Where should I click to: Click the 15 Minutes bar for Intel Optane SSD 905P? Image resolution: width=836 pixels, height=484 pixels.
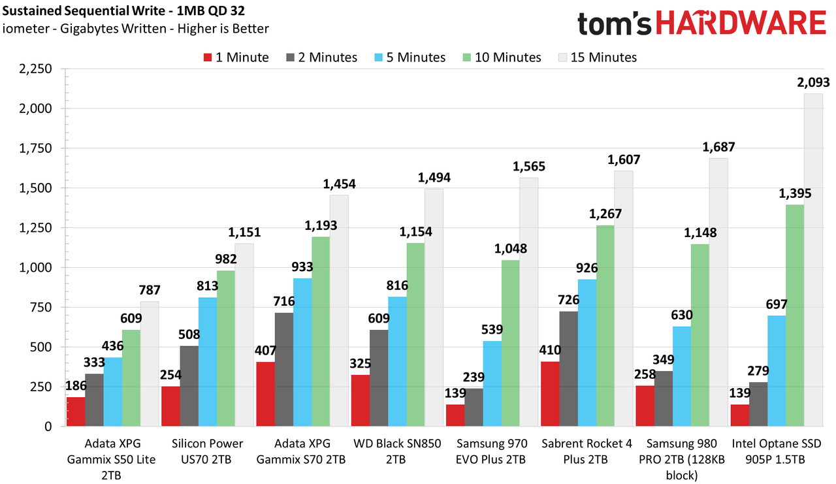point(813,260)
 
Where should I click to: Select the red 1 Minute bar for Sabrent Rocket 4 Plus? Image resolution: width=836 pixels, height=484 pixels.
point(550,394)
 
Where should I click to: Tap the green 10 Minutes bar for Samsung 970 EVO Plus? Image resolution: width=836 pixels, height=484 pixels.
point(510,343)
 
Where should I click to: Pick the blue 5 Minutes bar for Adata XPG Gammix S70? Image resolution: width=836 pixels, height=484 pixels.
point(302,352)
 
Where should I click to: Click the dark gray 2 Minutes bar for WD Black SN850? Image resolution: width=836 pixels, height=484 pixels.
point(379,378)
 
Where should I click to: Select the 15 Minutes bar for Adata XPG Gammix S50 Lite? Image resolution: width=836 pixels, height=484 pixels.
point(150,364)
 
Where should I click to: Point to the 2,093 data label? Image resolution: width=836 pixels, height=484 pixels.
point(813,82)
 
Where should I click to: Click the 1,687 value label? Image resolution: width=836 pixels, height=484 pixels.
point(718,148)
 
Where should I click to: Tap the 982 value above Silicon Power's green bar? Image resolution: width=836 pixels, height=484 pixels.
point(226,259)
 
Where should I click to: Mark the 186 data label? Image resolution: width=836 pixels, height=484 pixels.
point(76,385)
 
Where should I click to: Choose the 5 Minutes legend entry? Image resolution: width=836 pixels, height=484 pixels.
point(410,57)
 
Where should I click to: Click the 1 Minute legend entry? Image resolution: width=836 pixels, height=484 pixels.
point(236,57)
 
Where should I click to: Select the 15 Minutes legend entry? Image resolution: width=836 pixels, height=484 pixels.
point(598,57)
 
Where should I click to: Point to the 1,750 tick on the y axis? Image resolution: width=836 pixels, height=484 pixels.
point(35,148)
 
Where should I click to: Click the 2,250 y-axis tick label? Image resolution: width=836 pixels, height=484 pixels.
point(35,69)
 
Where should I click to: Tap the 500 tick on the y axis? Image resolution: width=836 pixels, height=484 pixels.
point(41,347)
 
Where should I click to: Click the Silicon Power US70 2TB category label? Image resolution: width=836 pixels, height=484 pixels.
point(207,451)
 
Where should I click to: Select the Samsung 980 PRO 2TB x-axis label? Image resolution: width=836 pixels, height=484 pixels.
point(681,459)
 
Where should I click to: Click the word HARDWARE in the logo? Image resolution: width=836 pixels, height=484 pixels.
point(741,22)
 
